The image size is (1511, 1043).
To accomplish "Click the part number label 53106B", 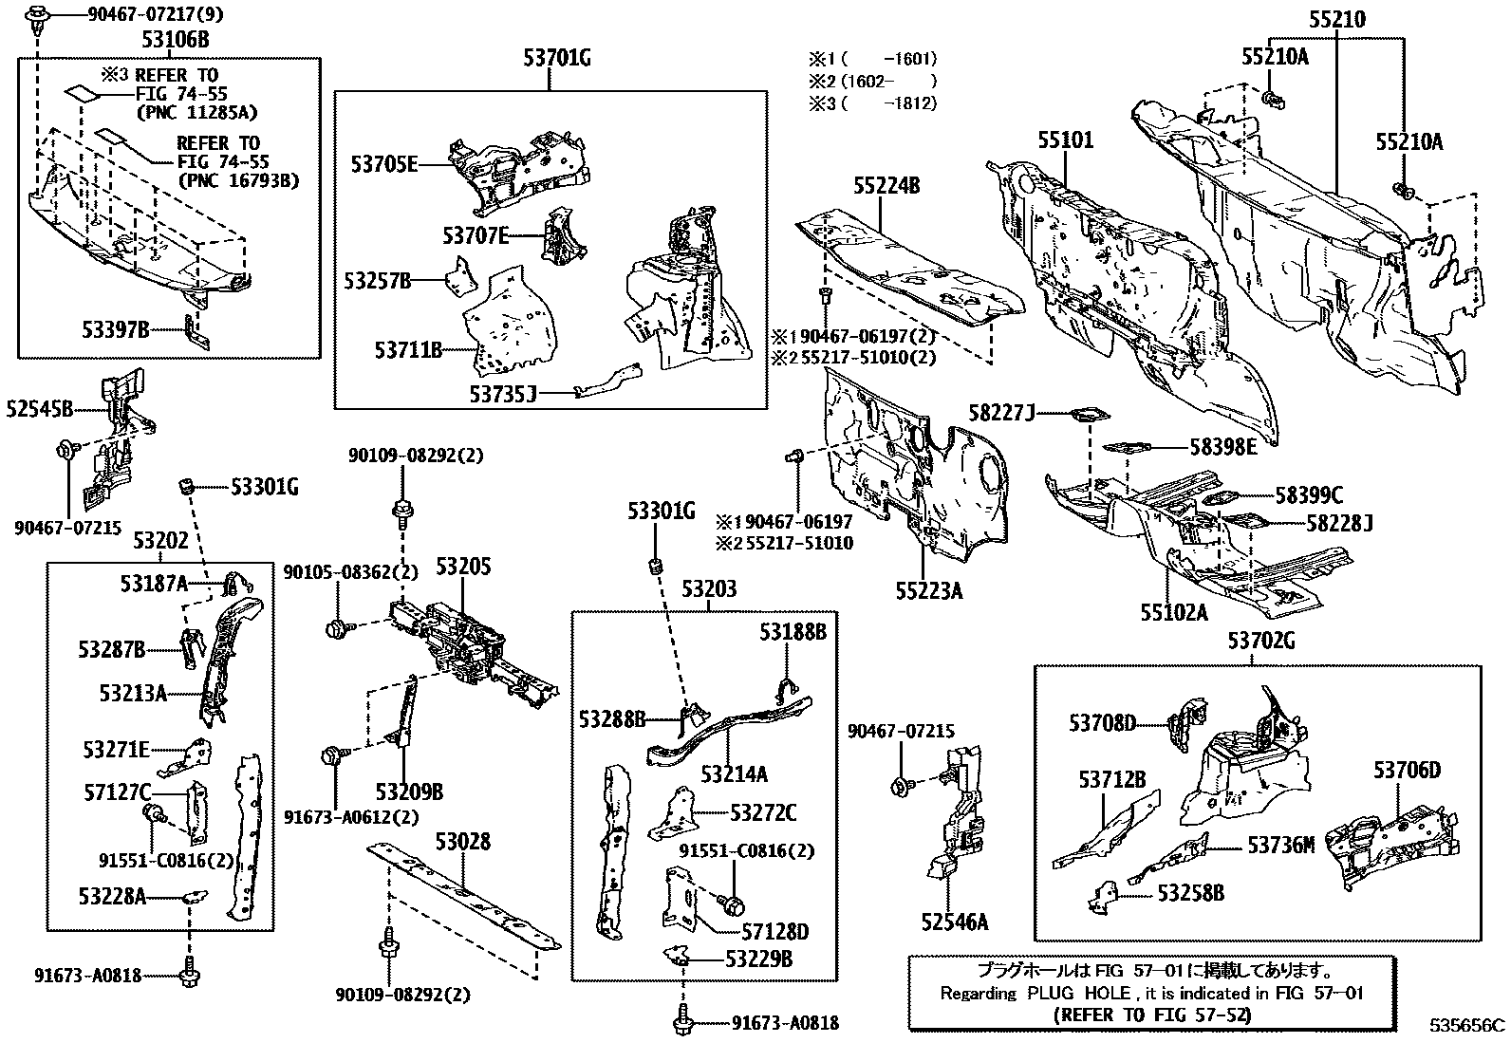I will (176, 40).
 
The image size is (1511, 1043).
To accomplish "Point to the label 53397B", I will (116, 329).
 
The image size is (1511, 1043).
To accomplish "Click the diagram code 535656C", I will (1468, 1025).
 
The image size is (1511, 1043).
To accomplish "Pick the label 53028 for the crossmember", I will (463, 842).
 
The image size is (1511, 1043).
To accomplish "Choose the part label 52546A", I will (954, 922).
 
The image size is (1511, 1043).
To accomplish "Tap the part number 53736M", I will (1281, 844).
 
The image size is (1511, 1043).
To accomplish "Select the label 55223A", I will (928, 591).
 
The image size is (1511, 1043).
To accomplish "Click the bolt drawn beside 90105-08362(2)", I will (337, 626).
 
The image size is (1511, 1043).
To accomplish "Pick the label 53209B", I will (409, 791).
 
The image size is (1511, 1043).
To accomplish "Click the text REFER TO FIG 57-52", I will (1152, 1014).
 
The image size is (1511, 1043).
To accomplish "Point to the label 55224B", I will (886, 186).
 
